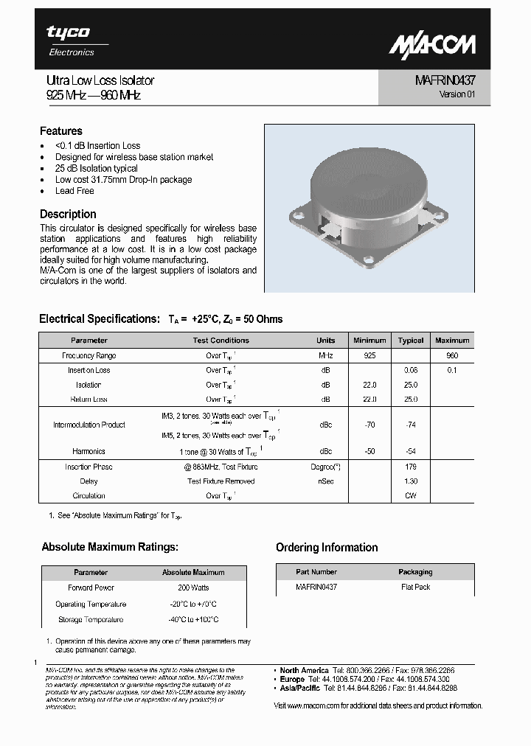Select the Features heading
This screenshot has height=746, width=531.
coord(61,131)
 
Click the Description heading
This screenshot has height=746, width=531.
coord(68,214)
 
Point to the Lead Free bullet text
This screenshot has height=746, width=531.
coord(74,191)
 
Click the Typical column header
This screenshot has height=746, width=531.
coord(411,341)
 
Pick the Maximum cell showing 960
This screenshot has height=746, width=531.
coord(452,355)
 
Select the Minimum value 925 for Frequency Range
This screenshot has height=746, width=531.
coord(369,355)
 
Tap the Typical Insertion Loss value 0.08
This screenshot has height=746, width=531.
coord(411,370)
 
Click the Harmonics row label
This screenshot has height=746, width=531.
coord(88,451)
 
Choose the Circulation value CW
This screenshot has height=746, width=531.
coord(411,495)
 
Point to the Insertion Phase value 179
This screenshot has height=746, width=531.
coord(411,467)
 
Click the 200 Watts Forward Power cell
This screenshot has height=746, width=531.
coord(193,588)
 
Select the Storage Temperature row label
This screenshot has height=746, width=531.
coord(91,620)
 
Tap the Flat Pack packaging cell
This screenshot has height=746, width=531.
coord(415,587)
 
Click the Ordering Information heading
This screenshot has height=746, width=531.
coord(327,548)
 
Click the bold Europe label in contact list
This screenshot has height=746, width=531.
coord(292,679)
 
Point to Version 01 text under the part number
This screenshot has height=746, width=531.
coord(452,94)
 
